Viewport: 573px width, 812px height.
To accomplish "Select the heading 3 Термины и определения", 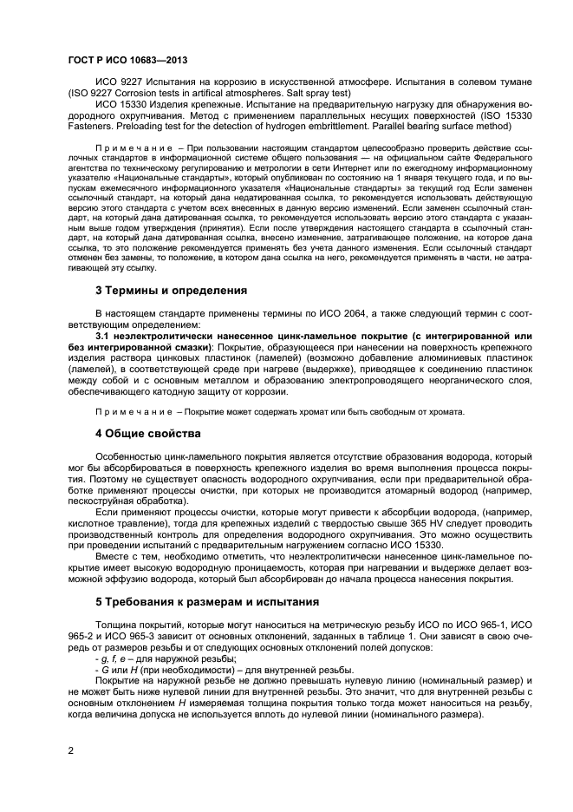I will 171,290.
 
